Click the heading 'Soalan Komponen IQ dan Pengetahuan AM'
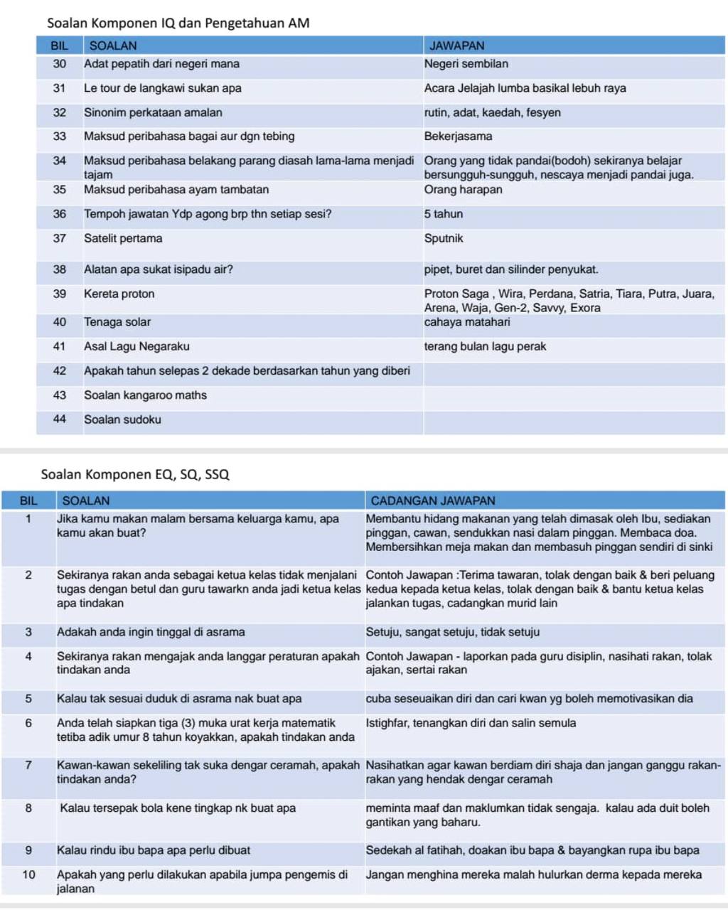point(178,23)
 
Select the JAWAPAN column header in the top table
point(456,45)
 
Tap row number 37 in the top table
point(60,239)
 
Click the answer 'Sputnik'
point(444,239)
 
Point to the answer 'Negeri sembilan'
point(466,64)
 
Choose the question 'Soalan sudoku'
point(122,419)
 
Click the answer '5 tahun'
point(444,214)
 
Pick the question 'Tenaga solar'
point(117,322)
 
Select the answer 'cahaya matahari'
point(467,322)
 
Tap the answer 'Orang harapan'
point(464,190)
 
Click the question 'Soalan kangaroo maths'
point(145,395)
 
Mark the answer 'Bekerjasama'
point(459,136)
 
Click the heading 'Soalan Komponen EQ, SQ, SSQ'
point(135,474)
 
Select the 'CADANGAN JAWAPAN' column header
point(433,500)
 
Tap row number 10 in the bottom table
point(28,875)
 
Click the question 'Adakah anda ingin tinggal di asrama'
point(151,632)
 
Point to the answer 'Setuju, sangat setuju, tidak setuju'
point(453,632)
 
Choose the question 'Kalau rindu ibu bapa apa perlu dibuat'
point(154,850)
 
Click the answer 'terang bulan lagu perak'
point(486,347)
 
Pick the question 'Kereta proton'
point(119,294)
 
